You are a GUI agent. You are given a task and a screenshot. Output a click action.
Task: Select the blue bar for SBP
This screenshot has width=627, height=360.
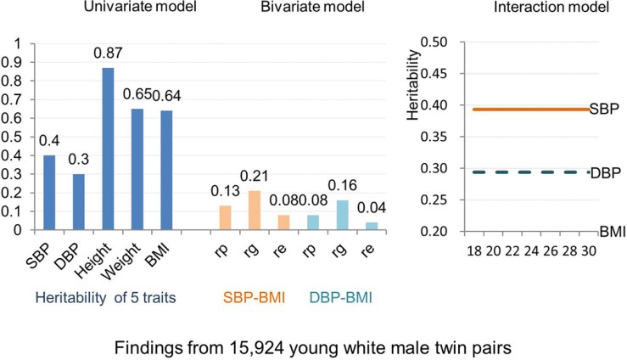(49, 192)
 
